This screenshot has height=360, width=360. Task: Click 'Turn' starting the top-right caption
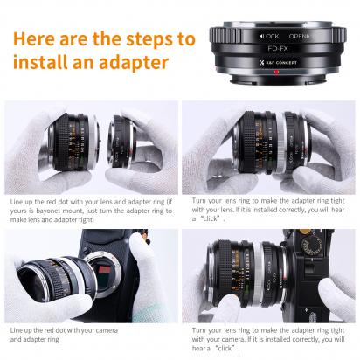(190, 201)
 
